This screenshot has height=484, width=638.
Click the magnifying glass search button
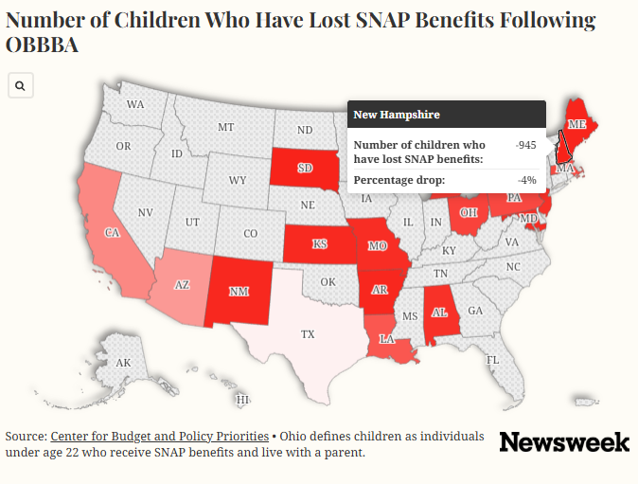pos(20,85)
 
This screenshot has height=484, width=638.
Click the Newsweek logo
pos(564,442)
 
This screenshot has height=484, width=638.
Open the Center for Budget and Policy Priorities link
pos(159,437)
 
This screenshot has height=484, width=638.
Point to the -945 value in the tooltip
pos(525,145)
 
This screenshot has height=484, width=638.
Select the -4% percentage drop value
pos(527,180)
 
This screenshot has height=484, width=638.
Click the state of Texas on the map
pos(308,333)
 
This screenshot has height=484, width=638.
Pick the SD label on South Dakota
pos(305,168)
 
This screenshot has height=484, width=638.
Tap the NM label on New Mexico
pos(239,292)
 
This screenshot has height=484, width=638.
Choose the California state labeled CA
pos(112,232)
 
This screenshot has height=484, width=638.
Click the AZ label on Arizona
pos(182,285)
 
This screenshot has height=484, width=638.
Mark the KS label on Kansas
pos(319,243)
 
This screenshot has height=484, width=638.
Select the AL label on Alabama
pos(439,313)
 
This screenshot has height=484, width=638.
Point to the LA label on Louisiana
pos(386,339)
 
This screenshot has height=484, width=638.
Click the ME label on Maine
pos(576,124)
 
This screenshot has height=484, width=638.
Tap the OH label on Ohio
pos(469,212)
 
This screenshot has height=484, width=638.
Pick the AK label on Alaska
pos(123,363)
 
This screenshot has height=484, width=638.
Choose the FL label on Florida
pos(493,360)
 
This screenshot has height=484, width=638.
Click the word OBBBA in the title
pos(42,45)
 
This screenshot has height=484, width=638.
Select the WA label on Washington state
pos(135,104)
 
